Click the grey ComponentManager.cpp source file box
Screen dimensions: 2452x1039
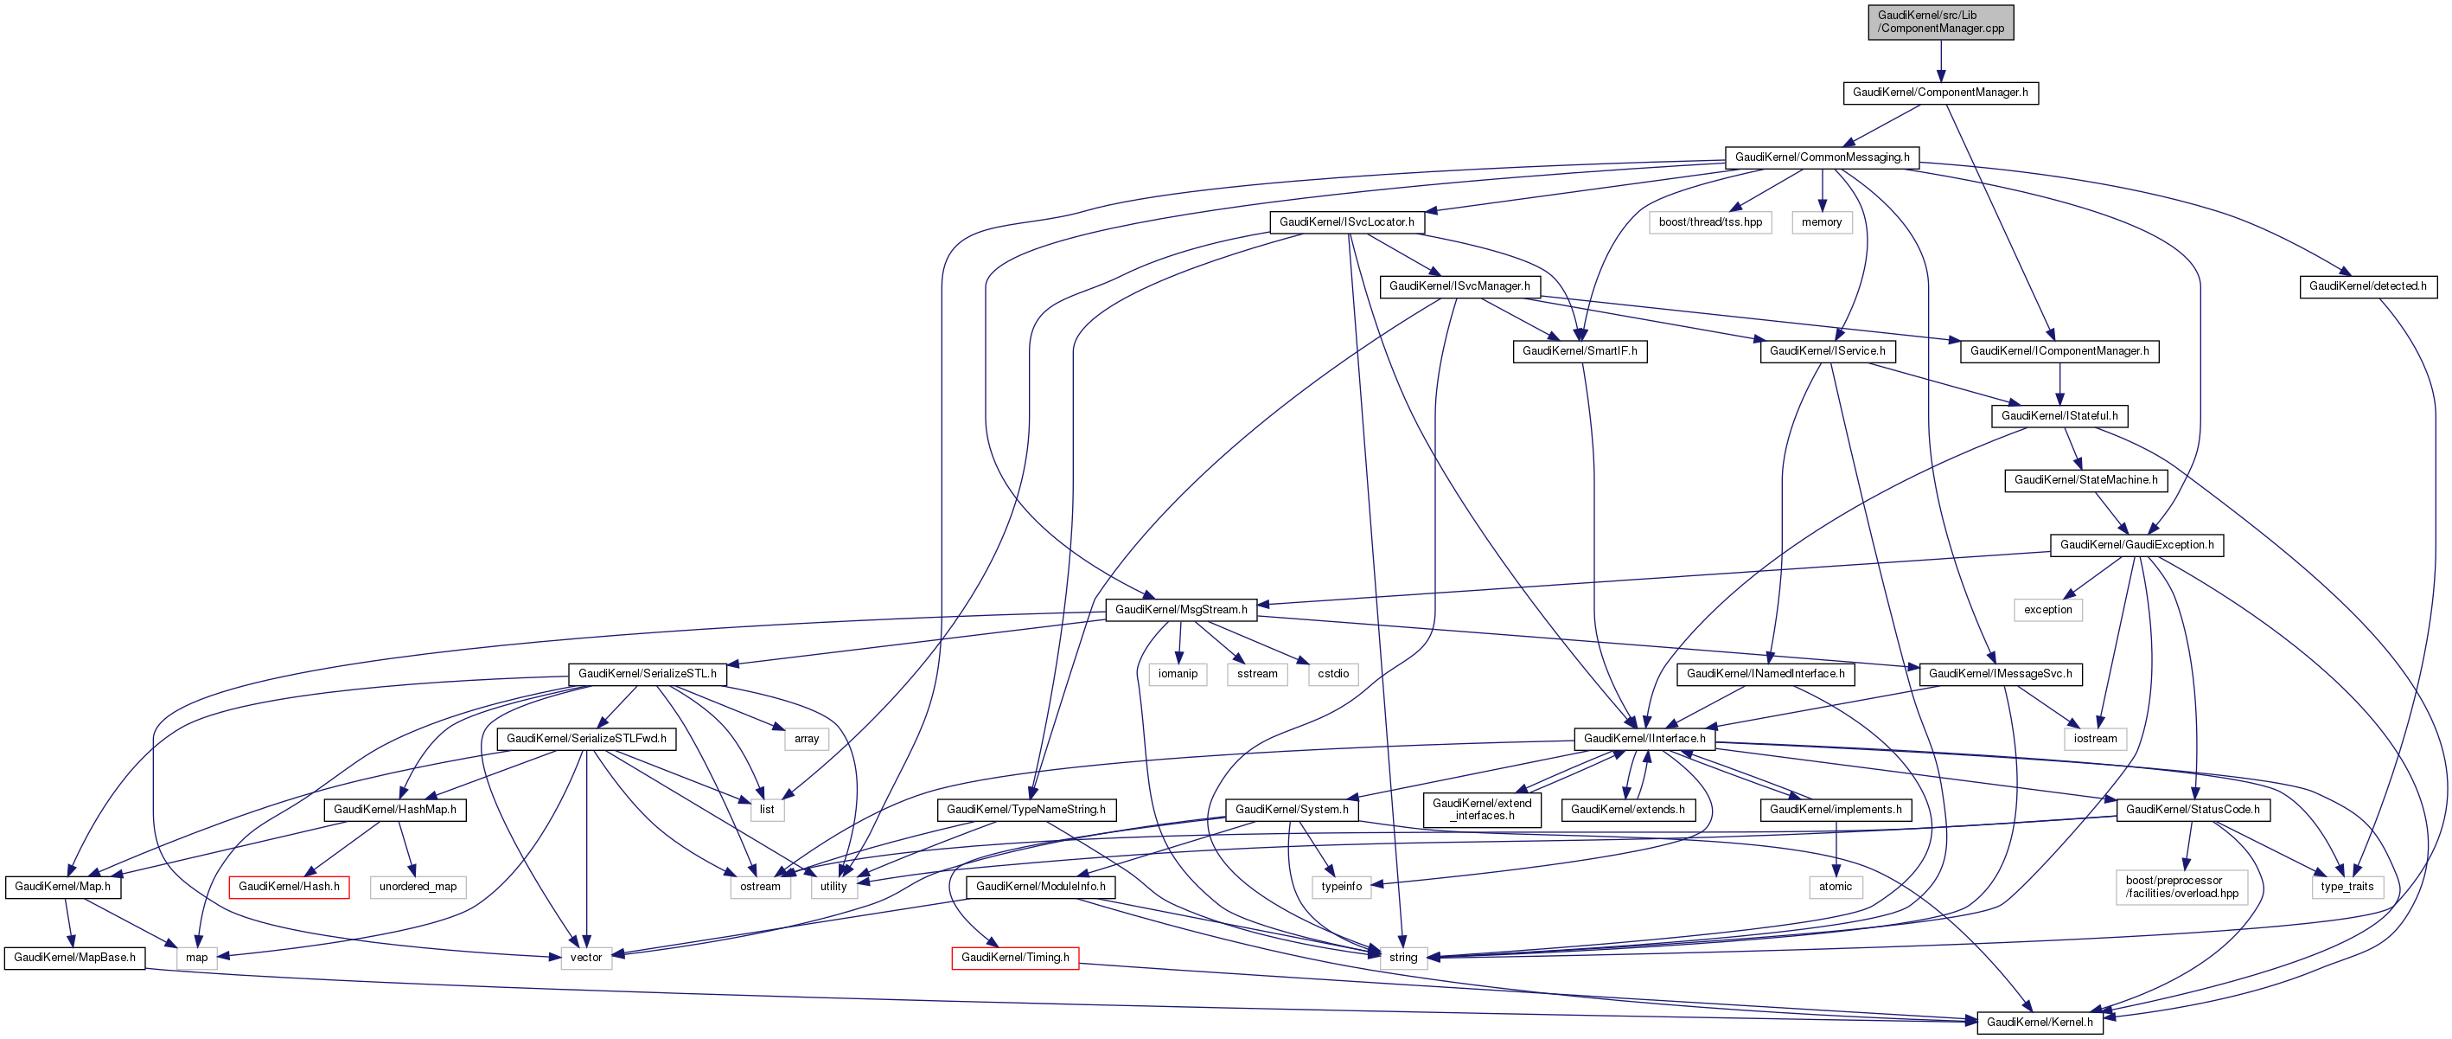[x=1941, y=22]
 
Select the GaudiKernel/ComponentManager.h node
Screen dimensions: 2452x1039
[x=1940, y=93]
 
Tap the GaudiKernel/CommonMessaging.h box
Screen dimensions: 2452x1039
[x=1822, y=157]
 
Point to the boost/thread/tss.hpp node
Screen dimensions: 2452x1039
[x=1709, y=221]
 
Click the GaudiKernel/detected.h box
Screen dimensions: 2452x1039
[x=2367, y=285]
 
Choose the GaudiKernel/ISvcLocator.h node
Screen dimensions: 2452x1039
[x=1346, y=221]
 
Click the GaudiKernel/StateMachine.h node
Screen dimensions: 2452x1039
[x=2085, y=480]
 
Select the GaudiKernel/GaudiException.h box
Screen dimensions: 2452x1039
[x=2136, y=545]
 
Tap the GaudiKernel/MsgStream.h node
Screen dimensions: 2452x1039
[x=1180, y=610]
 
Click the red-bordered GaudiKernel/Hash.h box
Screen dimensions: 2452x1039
[x=289, y=887]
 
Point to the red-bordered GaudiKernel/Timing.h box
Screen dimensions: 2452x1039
[x=1015, y=957]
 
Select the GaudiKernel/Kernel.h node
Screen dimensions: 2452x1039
[x=2039, y=1022]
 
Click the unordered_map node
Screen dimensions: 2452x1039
[x=417, y=887]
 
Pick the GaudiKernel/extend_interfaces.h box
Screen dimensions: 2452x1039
[x=1482, y=810]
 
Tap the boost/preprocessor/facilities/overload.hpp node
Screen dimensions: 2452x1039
[x=2181, y=887]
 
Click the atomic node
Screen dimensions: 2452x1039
[x=1836, y=887]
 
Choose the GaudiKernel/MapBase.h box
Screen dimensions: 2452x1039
[x=74, y=957]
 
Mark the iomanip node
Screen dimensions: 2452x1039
[x=1178, y=674]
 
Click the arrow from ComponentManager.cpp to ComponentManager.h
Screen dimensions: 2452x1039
[x=1941, y=61]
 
